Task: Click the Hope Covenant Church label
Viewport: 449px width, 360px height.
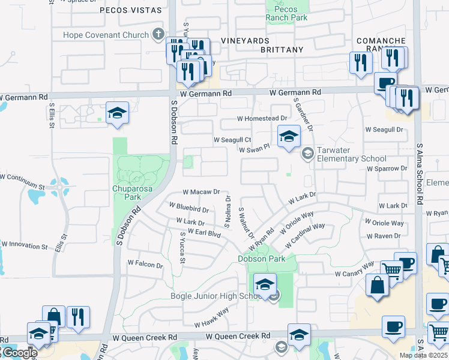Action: [106, 35]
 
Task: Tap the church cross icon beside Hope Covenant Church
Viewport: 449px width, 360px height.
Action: [158, 34]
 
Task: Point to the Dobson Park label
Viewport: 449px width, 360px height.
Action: [261, 259]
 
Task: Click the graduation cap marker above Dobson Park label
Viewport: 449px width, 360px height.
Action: [265, 284]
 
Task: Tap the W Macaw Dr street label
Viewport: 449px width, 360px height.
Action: [201, 192]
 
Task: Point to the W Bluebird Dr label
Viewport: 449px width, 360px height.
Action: [188, 208]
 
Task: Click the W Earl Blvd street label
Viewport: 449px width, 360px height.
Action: [200, 232]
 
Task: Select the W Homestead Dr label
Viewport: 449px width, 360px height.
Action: [262, 119]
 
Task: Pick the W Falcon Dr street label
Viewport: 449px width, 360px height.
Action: [145, 264]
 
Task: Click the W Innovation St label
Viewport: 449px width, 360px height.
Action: [24, 245]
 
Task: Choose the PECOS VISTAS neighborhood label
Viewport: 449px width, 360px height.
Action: [131, 10]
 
